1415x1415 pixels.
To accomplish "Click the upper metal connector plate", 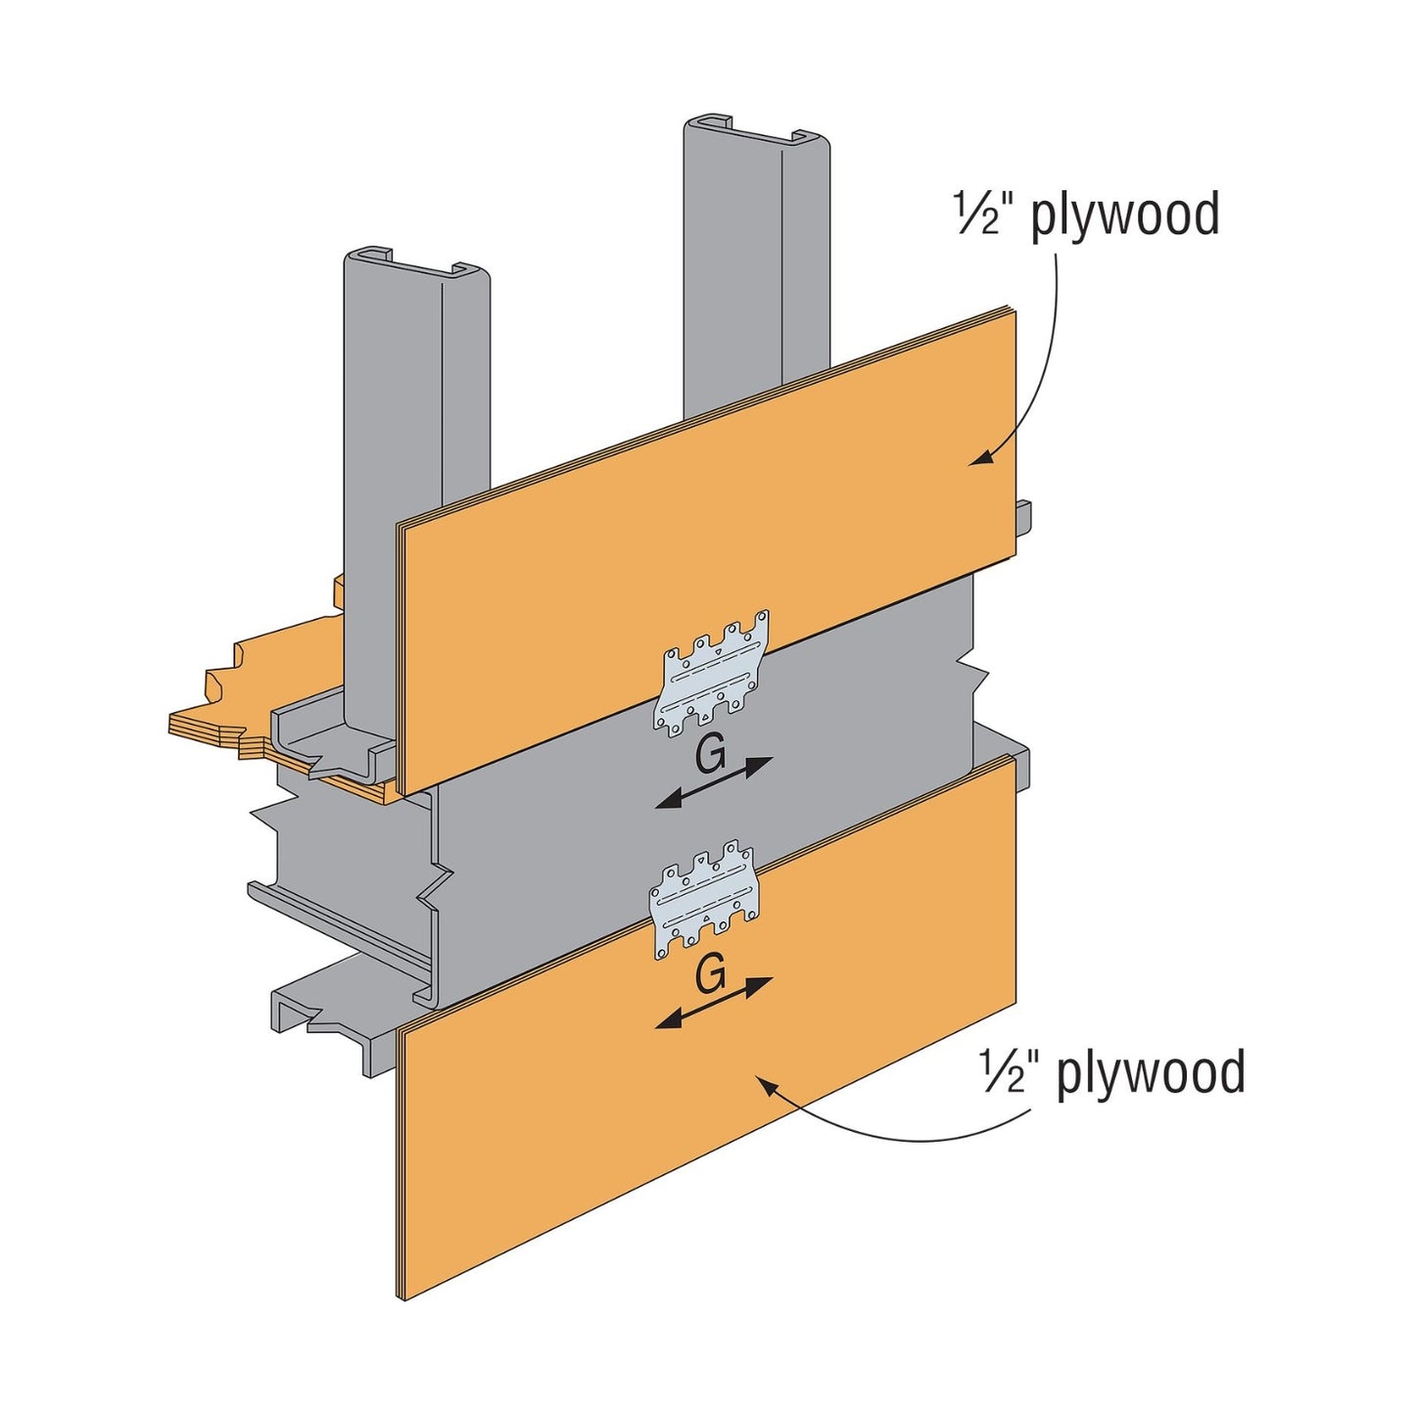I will [712, 674].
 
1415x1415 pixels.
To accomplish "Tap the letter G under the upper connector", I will [710, 755].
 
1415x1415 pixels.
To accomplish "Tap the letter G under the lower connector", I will [710, 975].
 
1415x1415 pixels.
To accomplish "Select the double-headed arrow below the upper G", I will [714, 783].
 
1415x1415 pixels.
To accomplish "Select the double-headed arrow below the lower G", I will [714, 1003].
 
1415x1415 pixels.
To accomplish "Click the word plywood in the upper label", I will [1125, 214].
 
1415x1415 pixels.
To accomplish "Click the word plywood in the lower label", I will [1151, 1071].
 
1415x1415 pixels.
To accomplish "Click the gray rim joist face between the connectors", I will [588, 823].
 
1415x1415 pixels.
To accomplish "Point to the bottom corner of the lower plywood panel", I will [405, 1298].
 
